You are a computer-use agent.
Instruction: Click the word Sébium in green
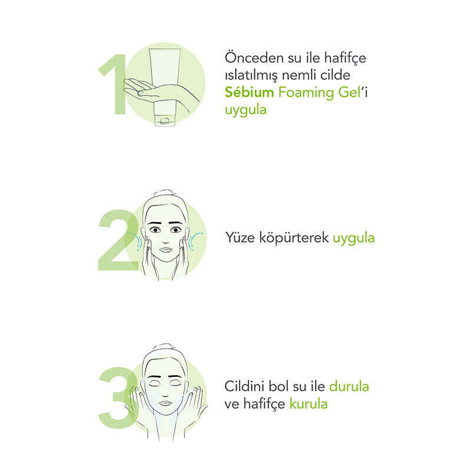[249, 92]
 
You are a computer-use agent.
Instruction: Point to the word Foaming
[306, 93]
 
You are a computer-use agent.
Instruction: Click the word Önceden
[254, 57]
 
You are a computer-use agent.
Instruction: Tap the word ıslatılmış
[251, 76]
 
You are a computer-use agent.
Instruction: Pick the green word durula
[349, 386]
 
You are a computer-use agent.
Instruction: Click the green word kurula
[309, 404]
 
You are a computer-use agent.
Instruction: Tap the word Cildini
[244, 386]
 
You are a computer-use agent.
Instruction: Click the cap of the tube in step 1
[164, 121]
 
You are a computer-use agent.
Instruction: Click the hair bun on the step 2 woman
[164, 193]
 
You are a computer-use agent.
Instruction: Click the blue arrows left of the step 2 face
[135, 241]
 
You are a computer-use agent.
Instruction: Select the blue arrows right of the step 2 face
[195, 241]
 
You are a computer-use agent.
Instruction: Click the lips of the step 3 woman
[165, 403]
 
